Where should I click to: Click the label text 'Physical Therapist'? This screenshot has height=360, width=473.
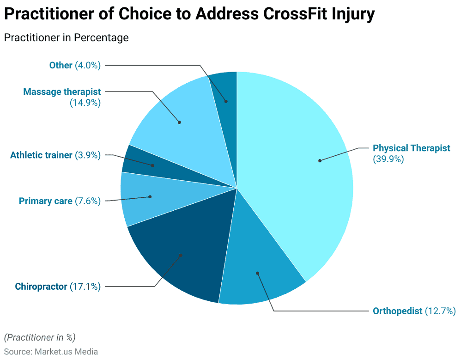[x=411, y=148]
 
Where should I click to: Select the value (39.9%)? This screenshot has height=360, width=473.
[x=388, y=159]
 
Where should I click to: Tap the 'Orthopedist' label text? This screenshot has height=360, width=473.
[x=397, y=311]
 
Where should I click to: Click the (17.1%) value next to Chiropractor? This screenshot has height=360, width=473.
[x=85, y=287]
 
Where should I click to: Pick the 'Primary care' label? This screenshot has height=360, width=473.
[x=45, y=201]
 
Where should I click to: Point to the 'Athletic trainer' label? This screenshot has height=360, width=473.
[x=41, y=155]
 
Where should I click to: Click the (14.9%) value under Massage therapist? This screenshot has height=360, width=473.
[x=85, y=103]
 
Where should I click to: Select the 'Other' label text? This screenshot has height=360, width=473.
[x=61, y=65]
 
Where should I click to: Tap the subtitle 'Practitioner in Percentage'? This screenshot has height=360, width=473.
[x=66, y=38]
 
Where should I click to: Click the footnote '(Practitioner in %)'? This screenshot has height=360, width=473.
[x=39, y=337]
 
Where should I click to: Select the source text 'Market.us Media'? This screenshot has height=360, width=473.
[x=66, y=352]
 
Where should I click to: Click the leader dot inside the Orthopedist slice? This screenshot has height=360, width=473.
[x=257, y=273]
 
